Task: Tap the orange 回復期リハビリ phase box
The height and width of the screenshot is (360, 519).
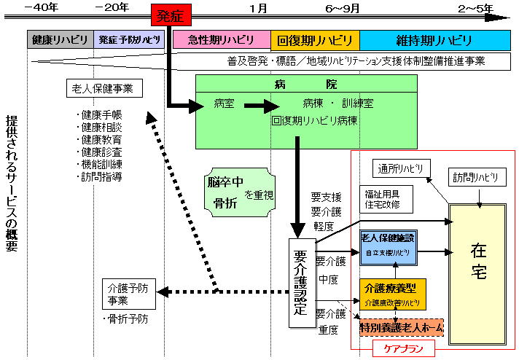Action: coord(314,40)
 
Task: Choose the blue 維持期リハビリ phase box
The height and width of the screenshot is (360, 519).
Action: coord(436,40)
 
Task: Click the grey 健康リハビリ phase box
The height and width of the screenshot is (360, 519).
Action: coord(60,40)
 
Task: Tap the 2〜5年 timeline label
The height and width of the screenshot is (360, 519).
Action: coord(475,7)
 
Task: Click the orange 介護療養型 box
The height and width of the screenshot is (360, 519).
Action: coord(392,292)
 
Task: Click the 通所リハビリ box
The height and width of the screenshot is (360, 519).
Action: coord(401,168)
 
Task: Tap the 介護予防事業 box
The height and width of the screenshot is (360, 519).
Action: coord(128,292)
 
